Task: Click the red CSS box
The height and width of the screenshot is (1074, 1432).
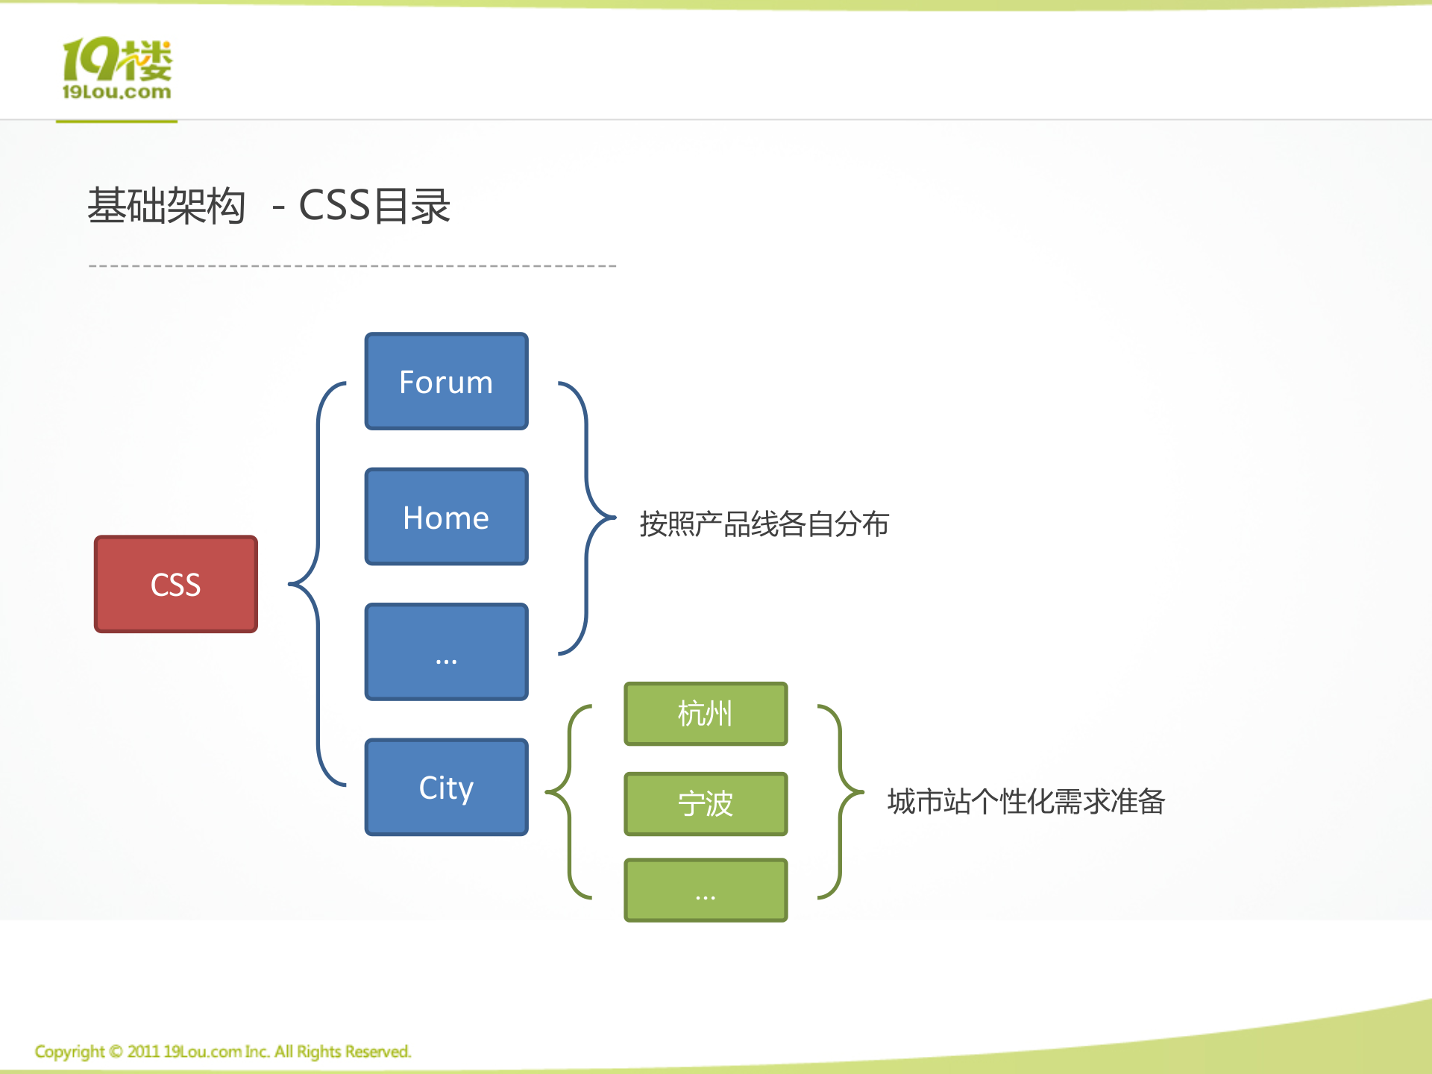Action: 176,584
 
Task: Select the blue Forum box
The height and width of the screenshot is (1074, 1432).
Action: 447,381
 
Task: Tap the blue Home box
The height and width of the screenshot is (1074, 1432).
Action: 447,516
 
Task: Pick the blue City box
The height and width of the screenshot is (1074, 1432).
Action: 447,787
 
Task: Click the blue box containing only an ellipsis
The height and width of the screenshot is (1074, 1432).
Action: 447,652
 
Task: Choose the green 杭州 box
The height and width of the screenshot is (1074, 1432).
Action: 706,714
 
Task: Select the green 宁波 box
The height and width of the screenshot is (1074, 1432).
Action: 706,804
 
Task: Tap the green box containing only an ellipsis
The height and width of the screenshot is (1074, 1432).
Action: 706,890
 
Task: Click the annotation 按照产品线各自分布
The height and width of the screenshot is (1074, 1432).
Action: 764,524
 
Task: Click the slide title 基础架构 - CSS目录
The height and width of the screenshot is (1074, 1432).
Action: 269,206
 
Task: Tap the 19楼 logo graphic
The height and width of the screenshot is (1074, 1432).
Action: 117,59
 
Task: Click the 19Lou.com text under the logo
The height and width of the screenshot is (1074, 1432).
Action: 116,92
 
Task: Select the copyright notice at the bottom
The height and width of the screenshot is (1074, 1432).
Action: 223,1052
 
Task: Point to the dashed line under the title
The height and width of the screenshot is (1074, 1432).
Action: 352,266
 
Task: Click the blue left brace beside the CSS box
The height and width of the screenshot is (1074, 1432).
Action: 318,584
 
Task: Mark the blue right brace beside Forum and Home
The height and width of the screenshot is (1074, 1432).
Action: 587,518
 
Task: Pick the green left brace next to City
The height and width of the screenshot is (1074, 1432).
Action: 569,802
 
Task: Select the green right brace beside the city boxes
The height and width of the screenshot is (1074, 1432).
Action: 841,802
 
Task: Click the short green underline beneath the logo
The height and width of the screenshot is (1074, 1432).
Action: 116,121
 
